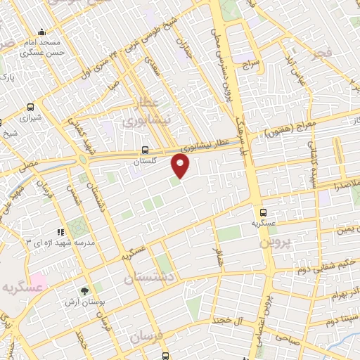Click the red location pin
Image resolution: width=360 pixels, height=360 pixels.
click(181, 166)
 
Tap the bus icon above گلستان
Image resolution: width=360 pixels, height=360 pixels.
click(144, 150)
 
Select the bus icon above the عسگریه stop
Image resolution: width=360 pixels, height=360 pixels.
click(263, 211)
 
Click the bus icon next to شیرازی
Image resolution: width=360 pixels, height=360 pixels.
click(30, 108)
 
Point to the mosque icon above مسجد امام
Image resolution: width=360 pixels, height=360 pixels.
click(42, 32)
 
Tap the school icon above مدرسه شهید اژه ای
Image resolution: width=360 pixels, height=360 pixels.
click(61, 231)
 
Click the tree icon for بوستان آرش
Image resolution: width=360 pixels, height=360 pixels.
click(85, 291)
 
